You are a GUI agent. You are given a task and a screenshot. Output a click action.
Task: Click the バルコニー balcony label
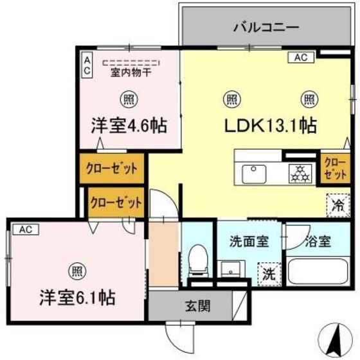pyautogui.click(x=265, y=28)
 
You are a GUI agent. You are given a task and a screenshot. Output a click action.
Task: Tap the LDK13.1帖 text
pyautogui.click(x=269, y=125)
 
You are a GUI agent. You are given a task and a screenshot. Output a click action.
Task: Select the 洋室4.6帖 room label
pyautogui.click(x=129, y=125)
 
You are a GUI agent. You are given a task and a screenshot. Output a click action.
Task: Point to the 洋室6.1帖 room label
pyautogui.click(x=77, y=298)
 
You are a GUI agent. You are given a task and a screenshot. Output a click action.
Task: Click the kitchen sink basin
pyautogui.click(x=253, y=174)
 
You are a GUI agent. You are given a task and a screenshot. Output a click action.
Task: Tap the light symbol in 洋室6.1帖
pyautogui.click(x=76, y=271)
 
